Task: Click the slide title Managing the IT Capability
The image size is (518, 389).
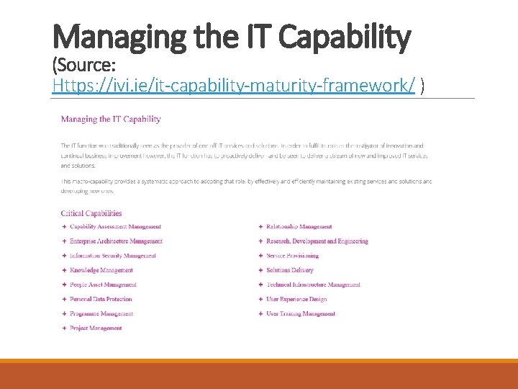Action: pyautogui.click(x=232, y=37)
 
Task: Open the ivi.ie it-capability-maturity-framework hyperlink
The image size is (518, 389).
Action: pyautogui.click(x=234, y=86)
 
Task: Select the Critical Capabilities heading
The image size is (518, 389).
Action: pyautogui.click(x=91, y=213)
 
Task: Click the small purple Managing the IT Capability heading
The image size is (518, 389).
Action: pyautogui.click(x=111, y=119)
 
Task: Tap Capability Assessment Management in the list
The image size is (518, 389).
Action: pyautogui.click(x=115, y=227)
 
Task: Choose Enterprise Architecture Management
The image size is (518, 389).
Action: pyautogui.click(x=116, y=241)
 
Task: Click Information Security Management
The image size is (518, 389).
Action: pyautogui.click(x=112, y=256)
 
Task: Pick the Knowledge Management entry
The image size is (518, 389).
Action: pyautogui.click(x=101, y=270)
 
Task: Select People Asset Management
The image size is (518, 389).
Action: pyautogui.click(x=103, y=285)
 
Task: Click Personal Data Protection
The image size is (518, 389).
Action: pyautogui.click(x=101, y=299)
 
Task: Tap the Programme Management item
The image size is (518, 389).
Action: pyautogui.click(x=101, y=313)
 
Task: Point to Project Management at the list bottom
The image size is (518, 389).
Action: pyautogui.click(x=96, y=328)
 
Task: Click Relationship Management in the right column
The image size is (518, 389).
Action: pyautogui.click(x=299, y=227)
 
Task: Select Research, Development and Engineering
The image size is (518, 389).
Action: pyautogui.click(x=317, y=241)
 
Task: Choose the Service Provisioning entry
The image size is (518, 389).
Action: pyautogui.click(x=292, y=256)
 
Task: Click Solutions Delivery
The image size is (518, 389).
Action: pyautogui.click(x=289, y=270)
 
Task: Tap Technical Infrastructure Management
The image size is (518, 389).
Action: pyautogui.click(x=313, y=285)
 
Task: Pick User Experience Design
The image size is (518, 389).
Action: pyautogui.click(x=296, y=299)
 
